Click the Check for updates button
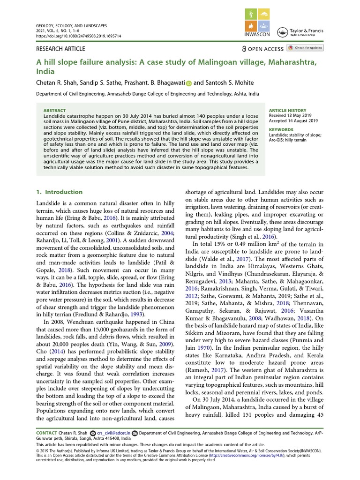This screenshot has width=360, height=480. point(305,48)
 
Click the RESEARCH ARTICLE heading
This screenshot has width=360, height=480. point(60,49)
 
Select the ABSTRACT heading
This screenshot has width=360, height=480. point(54,110)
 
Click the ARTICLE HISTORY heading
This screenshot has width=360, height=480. point(287,110)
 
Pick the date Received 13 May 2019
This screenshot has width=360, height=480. point(290,116)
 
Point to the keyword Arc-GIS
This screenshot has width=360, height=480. point(278,140)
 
